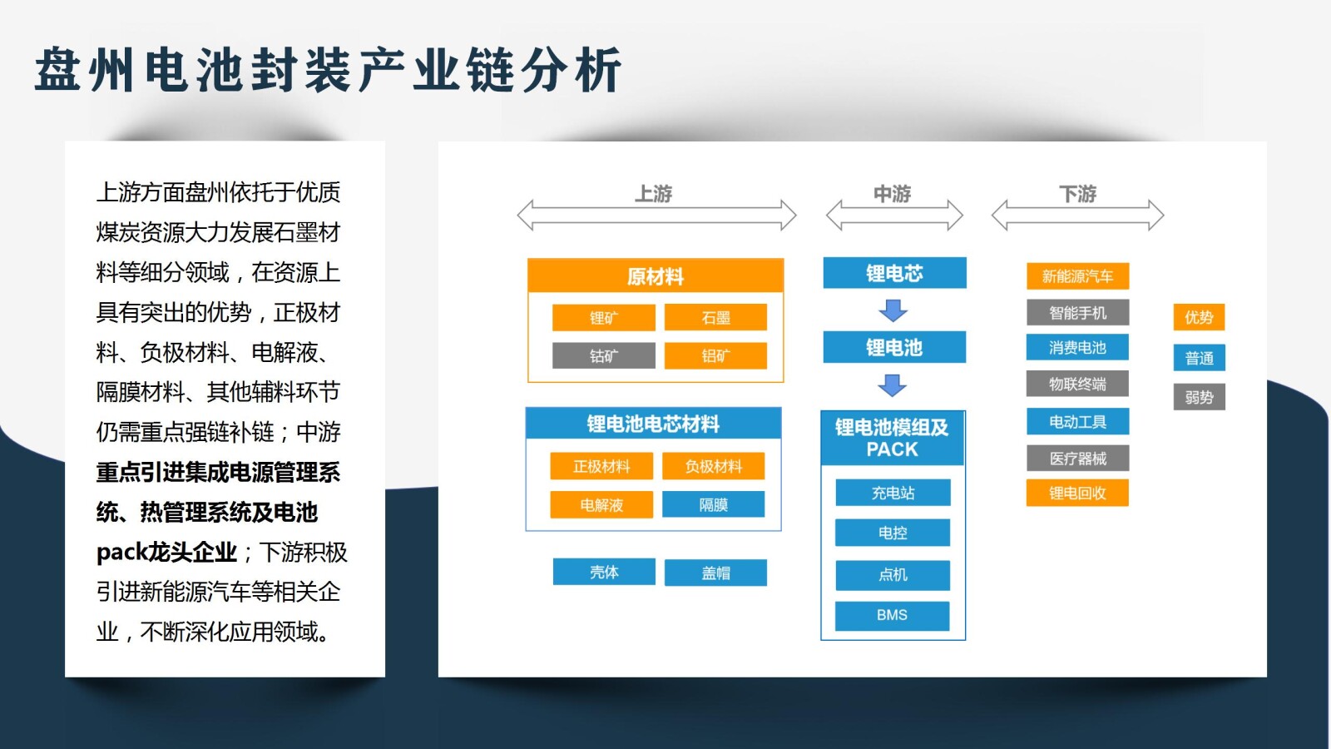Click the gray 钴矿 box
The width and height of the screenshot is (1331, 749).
604,356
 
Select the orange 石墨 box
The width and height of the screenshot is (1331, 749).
715,318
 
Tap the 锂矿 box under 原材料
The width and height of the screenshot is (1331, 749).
604,318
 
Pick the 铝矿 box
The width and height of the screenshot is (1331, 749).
715,356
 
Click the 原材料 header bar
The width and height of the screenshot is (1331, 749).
656,276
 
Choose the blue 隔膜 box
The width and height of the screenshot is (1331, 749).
714,505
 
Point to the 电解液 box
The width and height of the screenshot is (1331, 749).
601,505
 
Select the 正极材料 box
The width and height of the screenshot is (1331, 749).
601,467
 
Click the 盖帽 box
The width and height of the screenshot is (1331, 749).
715,573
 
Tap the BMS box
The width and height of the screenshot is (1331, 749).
892,615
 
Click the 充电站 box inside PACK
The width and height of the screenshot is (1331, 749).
893,493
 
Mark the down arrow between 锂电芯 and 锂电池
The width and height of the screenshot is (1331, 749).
893,310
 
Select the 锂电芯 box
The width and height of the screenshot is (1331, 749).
894,273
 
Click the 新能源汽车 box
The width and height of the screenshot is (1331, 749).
1077,276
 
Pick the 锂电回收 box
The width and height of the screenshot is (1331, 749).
1077,493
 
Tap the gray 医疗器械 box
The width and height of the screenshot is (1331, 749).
1077,459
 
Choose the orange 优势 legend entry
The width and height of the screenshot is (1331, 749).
1199,317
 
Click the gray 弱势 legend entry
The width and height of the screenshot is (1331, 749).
1199,397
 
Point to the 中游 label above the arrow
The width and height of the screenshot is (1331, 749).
893,194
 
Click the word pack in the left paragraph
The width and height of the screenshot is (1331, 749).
121,553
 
